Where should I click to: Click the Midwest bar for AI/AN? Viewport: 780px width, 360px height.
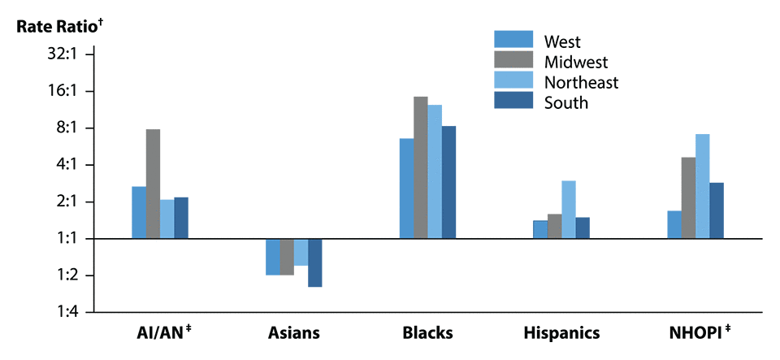tap(153, 184)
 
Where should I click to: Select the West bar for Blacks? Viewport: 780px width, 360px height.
tap(406, 189)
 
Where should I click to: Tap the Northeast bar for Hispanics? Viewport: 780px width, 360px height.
tap(568, 210)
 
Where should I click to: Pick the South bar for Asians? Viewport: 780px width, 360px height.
tap(314, 262)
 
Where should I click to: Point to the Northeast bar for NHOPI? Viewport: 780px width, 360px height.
tap(702, 186)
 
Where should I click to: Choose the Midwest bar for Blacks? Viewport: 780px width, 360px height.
tap(420, 167)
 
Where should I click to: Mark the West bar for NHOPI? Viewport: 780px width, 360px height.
tap(674, 224)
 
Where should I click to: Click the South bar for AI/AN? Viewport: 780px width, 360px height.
tap(180, 218)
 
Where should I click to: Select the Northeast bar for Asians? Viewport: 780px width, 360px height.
tap(301, 252)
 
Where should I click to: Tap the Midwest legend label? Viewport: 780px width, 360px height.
tap(576, 62)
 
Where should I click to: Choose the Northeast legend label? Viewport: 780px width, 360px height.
tap(581, 82)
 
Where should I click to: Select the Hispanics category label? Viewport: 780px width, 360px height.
tap(561, 332)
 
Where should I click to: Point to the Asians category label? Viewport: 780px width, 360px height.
tap(294, 332)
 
